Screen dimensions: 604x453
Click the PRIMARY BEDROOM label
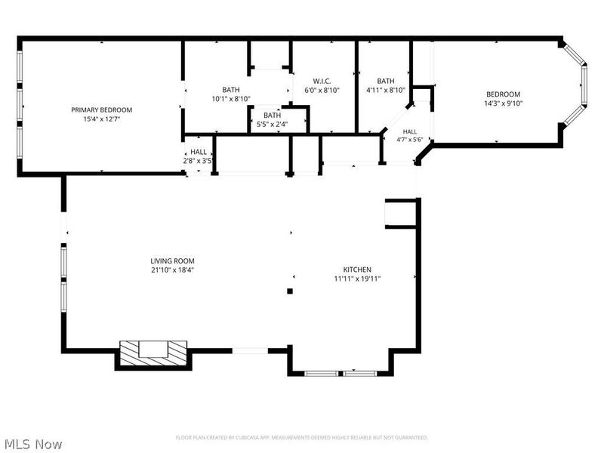102,109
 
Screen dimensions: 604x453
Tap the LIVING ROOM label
172,260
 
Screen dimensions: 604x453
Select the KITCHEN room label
357,270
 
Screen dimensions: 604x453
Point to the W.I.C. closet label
322,81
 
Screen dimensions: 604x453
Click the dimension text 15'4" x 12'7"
102,119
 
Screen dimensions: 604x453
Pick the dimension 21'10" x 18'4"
172,270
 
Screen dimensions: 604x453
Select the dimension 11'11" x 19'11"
357,279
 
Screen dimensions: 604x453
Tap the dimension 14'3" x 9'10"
503,103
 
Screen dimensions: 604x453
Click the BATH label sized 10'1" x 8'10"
231,90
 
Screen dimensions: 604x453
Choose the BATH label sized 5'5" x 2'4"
272,116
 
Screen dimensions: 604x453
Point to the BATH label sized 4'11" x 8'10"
386,81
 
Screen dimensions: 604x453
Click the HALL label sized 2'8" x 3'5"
199,152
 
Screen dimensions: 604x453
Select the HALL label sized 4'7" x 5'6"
409,131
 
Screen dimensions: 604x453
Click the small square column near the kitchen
290,291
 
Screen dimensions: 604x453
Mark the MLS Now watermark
31,444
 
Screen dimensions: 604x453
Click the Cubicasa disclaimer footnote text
301,438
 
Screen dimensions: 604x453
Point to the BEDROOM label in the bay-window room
503,94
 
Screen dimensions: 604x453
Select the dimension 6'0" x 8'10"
322,90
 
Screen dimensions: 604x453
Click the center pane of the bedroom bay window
584,85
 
